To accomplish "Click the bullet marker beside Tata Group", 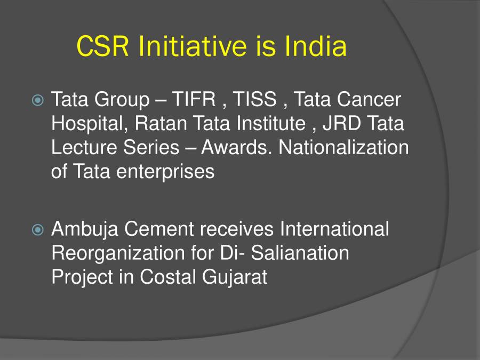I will tap(38, 100).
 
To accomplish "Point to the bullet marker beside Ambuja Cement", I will tap(38, 230).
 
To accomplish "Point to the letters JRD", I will tap(339, 124).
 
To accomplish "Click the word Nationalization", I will tap(344, 148).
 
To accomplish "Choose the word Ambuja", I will tap(85, 229).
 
